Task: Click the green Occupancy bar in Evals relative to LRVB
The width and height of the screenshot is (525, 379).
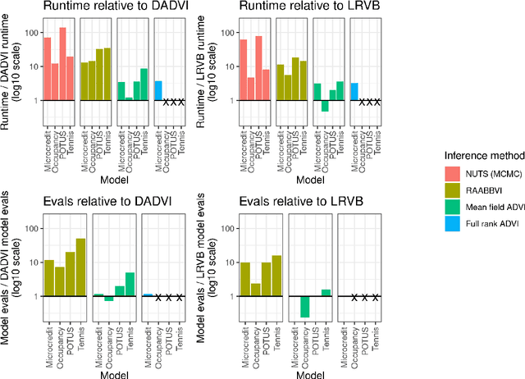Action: coord(305,306)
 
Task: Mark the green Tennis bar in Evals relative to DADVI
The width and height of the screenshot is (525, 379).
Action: coord(130,284)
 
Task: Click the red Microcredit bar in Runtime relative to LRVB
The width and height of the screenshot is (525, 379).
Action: coord(243,70)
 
